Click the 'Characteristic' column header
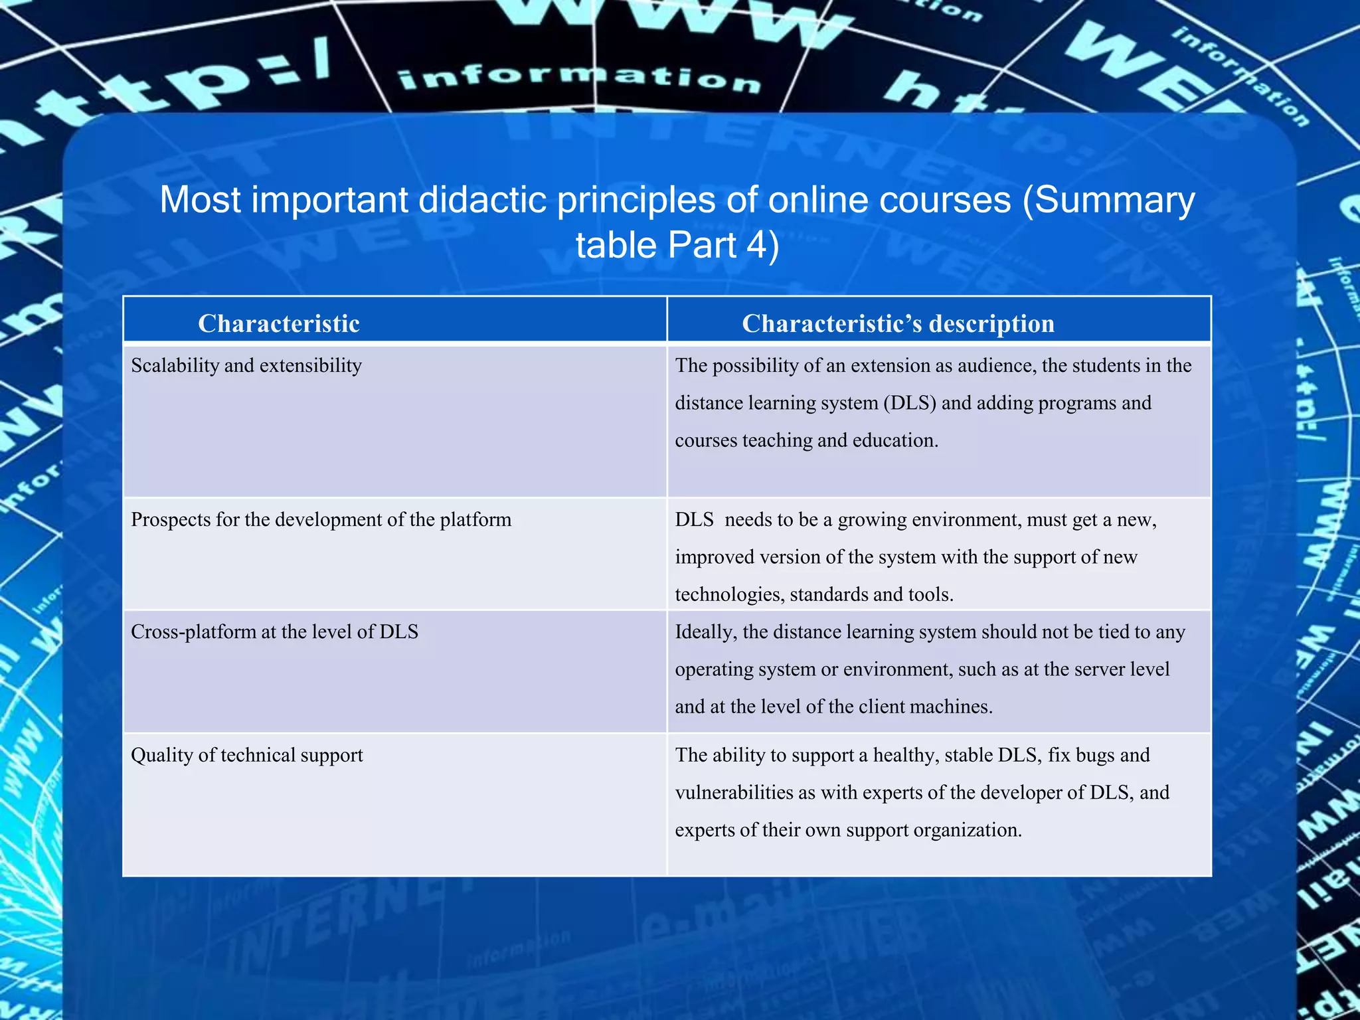[279, 323]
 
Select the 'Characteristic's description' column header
[898, 323]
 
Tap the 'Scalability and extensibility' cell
[246, 365]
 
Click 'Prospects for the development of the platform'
[321, 519]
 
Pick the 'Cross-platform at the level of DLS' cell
[274, 632]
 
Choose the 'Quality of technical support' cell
[246, 755]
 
